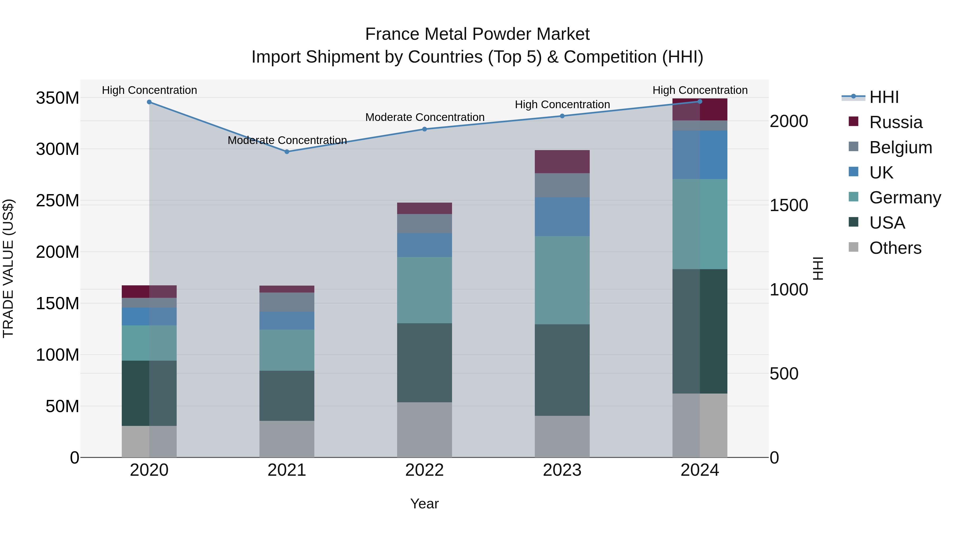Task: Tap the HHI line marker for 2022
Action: [424, 129]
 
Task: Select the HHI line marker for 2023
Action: [562, 116]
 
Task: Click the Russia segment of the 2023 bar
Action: [562, 161]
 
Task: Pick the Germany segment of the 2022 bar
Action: [424, 290]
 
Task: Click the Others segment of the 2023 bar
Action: [562, 436]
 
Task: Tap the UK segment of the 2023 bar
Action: [562, 217]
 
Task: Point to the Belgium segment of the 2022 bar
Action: [424, 224]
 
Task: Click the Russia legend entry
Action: [895, 122]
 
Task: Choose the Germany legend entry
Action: [905, 198]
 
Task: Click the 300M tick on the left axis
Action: [58, 149]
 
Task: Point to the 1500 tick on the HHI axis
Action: [789, 205]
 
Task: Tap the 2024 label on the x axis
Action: [700, 470]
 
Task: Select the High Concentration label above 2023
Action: [562, 104]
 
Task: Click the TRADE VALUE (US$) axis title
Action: [8, 268]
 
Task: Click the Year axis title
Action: [424, 504]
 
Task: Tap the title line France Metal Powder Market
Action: [477, 34]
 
